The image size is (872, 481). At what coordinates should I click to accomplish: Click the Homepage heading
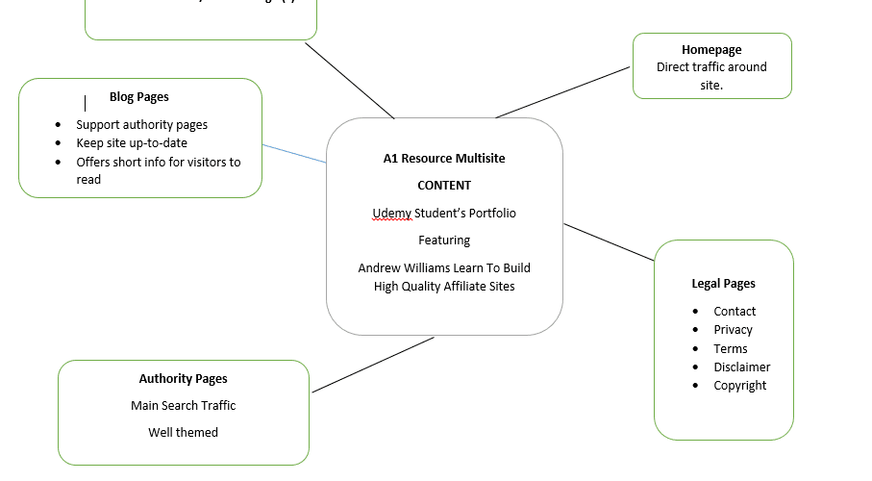click(x=711, y=49)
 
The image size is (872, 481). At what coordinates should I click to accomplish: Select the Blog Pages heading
click(x=138, y=97)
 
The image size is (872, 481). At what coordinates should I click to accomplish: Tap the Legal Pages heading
click(x=723, y=283)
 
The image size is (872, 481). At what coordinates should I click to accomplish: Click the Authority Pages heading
click(x=183, y=378)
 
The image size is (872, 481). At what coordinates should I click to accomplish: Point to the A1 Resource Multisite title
click(x=443, y=158)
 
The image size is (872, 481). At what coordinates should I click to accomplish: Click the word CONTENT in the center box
click(x=443, y=185)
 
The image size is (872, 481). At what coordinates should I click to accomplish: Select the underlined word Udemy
click(x=391, y=213)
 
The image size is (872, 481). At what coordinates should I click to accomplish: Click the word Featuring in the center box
click(x=443, y=240)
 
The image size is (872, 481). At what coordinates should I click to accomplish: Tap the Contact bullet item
click(x=735, y=311)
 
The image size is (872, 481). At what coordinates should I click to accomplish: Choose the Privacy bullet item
click(x=733, y=329)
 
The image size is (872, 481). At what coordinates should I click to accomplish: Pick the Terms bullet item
click(x=730, y=348)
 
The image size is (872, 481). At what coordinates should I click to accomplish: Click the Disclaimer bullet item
click(x=741, y=367)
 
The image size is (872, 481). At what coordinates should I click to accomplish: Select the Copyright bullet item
click(x=739, y=385)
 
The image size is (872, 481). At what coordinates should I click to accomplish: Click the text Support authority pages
click(x=141, y=124)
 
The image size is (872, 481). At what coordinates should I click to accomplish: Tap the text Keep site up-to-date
click(x=132, y=142)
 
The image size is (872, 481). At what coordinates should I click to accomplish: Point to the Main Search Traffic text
click(x=183, y=405)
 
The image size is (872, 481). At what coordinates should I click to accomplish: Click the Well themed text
click(x=183, y=432)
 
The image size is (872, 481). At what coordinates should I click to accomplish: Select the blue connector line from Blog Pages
click(x=294, y=154)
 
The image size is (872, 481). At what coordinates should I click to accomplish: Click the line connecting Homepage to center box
click(x=563, y=92)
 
